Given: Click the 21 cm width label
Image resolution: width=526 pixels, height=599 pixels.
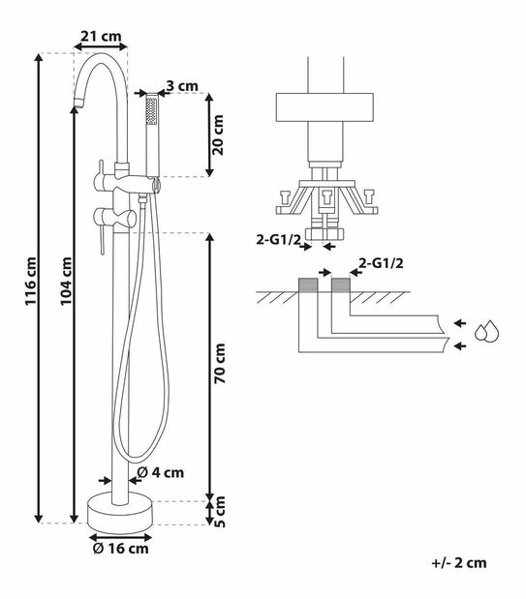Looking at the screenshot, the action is pyautogui.click(x=101, y=37).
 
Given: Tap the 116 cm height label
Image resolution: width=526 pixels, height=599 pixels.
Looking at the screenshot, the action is pyautogui.click(x=31, y=281).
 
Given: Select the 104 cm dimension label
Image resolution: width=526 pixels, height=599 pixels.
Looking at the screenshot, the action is pyautogui.click(x=66, y=281).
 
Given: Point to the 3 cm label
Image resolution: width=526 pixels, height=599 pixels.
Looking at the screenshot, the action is pyautogui.click(x=182, y=86).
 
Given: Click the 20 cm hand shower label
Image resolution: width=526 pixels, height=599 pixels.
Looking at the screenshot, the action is pyautogui.click(x=218, y=135).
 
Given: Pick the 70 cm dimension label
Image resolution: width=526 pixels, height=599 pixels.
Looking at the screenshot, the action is pyautogui.click(x=220, y=363).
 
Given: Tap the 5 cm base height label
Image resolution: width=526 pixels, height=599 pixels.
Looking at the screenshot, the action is pyautogui.click(x=220, y=512).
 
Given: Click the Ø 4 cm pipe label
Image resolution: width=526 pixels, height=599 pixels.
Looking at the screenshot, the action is pyautogui.click(x=160, y=472).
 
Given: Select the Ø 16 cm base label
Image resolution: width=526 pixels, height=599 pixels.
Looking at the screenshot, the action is pyautogui.click(x=120, y=549).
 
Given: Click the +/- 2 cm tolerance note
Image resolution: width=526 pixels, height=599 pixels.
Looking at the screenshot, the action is pyautogui.click(x=459, y=562).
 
